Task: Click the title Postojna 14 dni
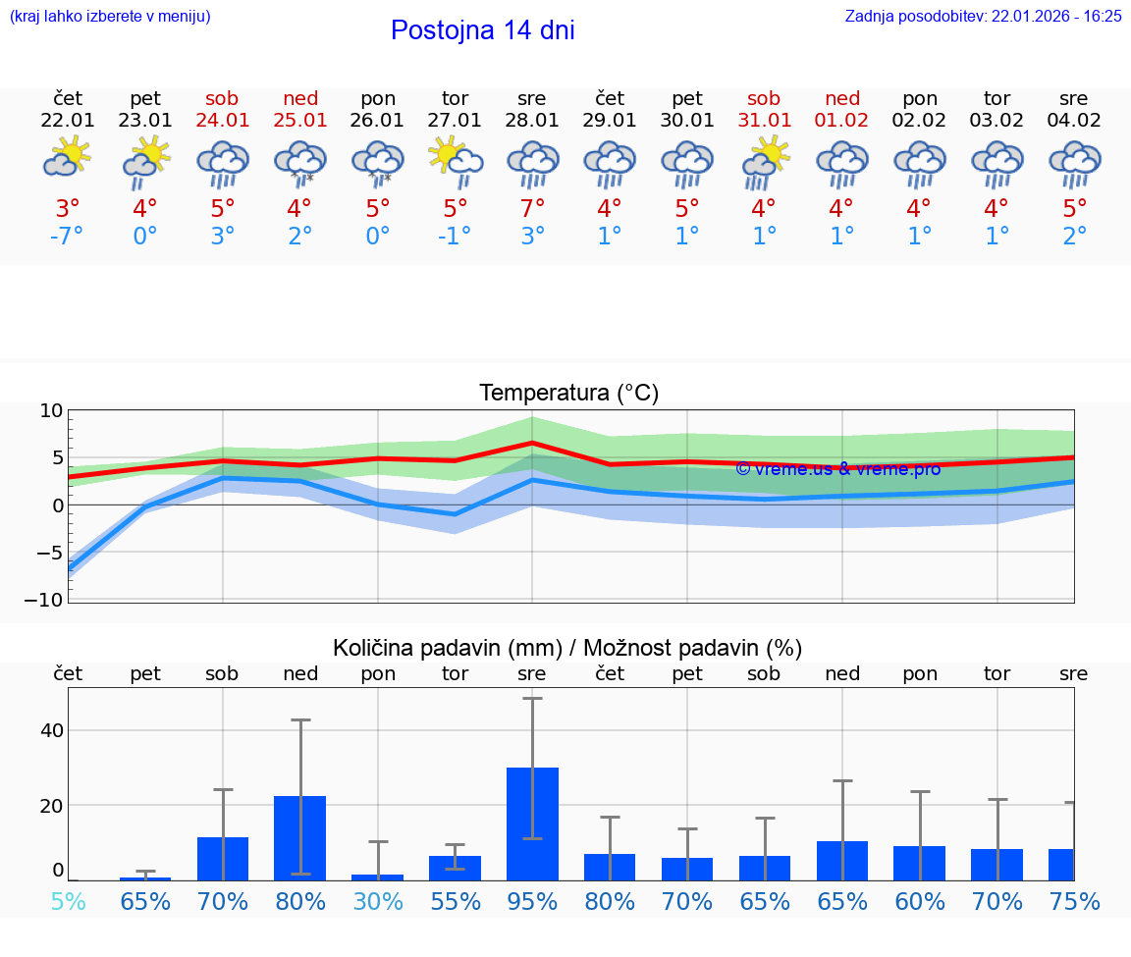(x=482, y=30)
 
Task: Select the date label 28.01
(x=532, y=121)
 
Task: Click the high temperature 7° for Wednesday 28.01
(x=532, y=208)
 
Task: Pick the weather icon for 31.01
(x=764, y=160)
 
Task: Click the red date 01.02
(x=841, y=121)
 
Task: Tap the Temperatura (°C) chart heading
(x=568, y=394)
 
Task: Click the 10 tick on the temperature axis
(x=51, y=411)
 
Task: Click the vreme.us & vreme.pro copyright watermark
(x=837, y=468)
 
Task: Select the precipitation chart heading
(x=567, y=648)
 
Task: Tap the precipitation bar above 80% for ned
(x=299, y=837)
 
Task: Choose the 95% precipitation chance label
(x=532, y=901)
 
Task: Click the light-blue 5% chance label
(x=68, y=901)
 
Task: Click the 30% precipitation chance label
(x=377, y=901)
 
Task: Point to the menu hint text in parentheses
(x=110, y=17)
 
